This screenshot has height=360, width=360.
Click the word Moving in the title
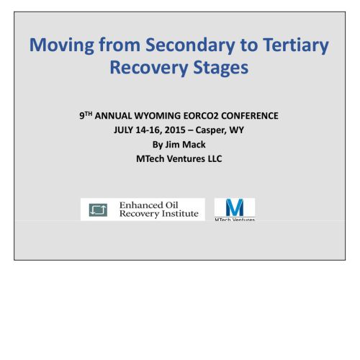62,45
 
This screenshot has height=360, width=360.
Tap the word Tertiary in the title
296,45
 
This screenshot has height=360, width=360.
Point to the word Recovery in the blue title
149,68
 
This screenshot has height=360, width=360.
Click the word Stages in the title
221,68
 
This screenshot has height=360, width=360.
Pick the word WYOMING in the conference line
158,116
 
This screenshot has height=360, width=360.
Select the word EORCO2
201,116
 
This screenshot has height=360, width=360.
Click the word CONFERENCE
250,116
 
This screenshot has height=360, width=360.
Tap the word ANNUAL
113,116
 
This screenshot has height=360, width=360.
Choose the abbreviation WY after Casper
237,130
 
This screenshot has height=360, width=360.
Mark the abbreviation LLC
215,159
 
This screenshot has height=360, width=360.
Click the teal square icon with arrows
98,210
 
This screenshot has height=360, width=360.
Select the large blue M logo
235,207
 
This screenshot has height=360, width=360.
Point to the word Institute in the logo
180,214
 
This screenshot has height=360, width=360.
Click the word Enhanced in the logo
137,205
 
